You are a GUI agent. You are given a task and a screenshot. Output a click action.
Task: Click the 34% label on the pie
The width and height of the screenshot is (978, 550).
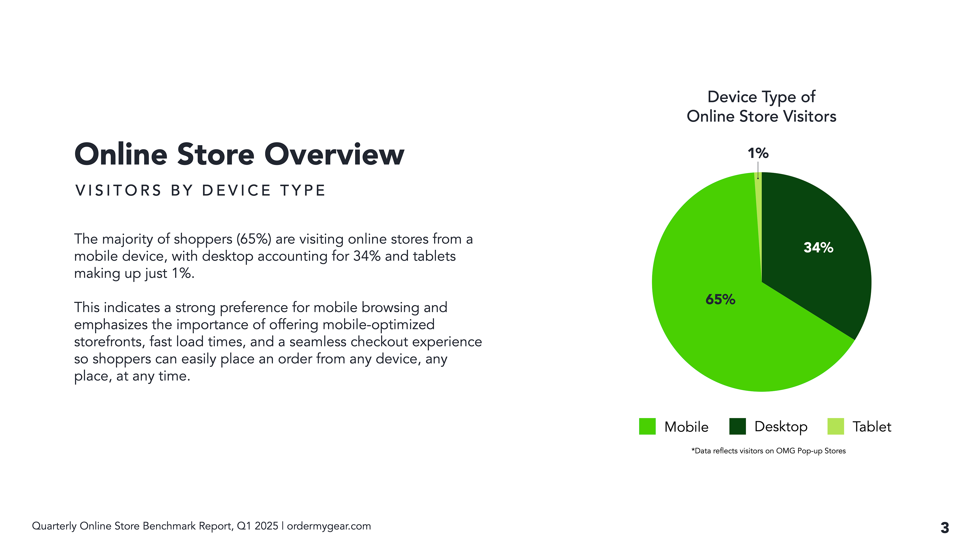click(818, 248)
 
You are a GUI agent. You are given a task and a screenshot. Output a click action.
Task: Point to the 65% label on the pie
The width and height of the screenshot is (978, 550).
click(720, 299)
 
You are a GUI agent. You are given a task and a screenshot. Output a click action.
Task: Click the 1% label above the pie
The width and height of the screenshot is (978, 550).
click(758, 153)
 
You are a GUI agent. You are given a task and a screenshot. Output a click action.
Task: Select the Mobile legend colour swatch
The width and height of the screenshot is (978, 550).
click(647, 426)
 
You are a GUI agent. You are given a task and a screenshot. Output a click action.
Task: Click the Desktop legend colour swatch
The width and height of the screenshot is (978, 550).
click(737, 426)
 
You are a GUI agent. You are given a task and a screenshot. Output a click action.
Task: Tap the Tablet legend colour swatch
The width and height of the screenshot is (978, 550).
click(835, 426)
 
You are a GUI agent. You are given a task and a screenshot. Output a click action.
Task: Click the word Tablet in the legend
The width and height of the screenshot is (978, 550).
click(872, 427)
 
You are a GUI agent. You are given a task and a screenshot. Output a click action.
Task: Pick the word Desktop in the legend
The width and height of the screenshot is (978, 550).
click(781, 427)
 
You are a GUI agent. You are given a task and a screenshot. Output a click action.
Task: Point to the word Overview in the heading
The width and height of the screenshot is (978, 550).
click(334, 155)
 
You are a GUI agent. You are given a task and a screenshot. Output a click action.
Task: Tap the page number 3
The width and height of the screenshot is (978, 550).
click(945, 528)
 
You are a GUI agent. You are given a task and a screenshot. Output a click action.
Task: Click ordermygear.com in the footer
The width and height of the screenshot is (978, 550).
click(329, 526)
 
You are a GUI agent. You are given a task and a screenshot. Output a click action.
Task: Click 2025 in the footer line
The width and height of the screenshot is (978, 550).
click(266, 526)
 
